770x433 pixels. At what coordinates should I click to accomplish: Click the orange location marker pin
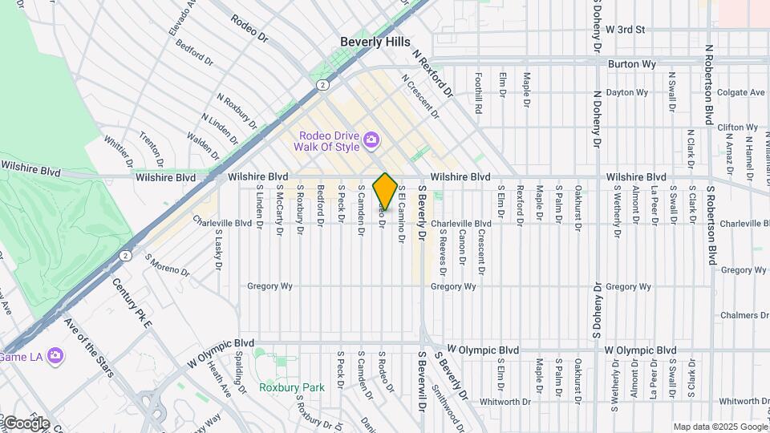[385, 191]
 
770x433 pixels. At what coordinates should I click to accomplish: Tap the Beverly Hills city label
[375, 42]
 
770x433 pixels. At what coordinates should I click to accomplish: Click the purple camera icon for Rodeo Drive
[371, 141]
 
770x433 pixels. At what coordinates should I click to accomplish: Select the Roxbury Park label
[292, 387]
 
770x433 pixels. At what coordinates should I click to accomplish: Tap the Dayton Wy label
[626, 92]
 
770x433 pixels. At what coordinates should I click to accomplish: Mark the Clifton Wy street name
[737, 127]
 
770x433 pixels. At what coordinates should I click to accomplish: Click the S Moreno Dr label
[167, 266]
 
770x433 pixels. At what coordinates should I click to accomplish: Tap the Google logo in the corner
[25, 423]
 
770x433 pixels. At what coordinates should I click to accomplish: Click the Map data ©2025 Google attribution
[719, 427]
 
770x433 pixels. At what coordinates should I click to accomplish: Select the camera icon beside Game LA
[55, 354]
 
